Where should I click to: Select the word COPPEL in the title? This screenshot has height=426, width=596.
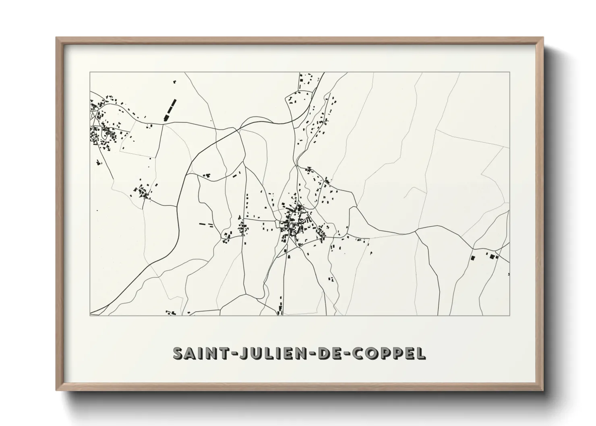click(x=388, y=353)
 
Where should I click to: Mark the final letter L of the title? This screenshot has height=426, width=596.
click(x=420, y=353)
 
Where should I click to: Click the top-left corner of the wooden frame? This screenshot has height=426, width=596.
click(x=56, y=38)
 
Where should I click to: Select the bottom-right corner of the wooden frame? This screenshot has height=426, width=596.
click(x=542, y=390)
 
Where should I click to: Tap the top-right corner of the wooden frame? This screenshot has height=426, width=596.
click(x=542, y=38)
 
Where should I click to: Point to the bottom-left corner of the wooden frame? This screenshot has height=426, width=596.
click(x=56, y=390)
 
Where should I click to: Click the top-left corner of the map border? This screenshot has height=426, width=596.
click(x=90, y=72)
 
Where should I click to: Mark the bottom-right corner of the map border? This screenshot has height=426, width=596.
click(x=509, y=315)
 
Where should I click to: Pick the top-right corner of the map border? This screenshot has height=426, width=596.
click(x=509, y=72)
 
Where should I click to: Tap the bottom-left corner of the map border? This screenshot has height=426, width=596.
click(x=90, y=315)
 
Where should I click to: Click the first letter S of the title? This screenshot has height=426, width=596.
click(x=178, y=353)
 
